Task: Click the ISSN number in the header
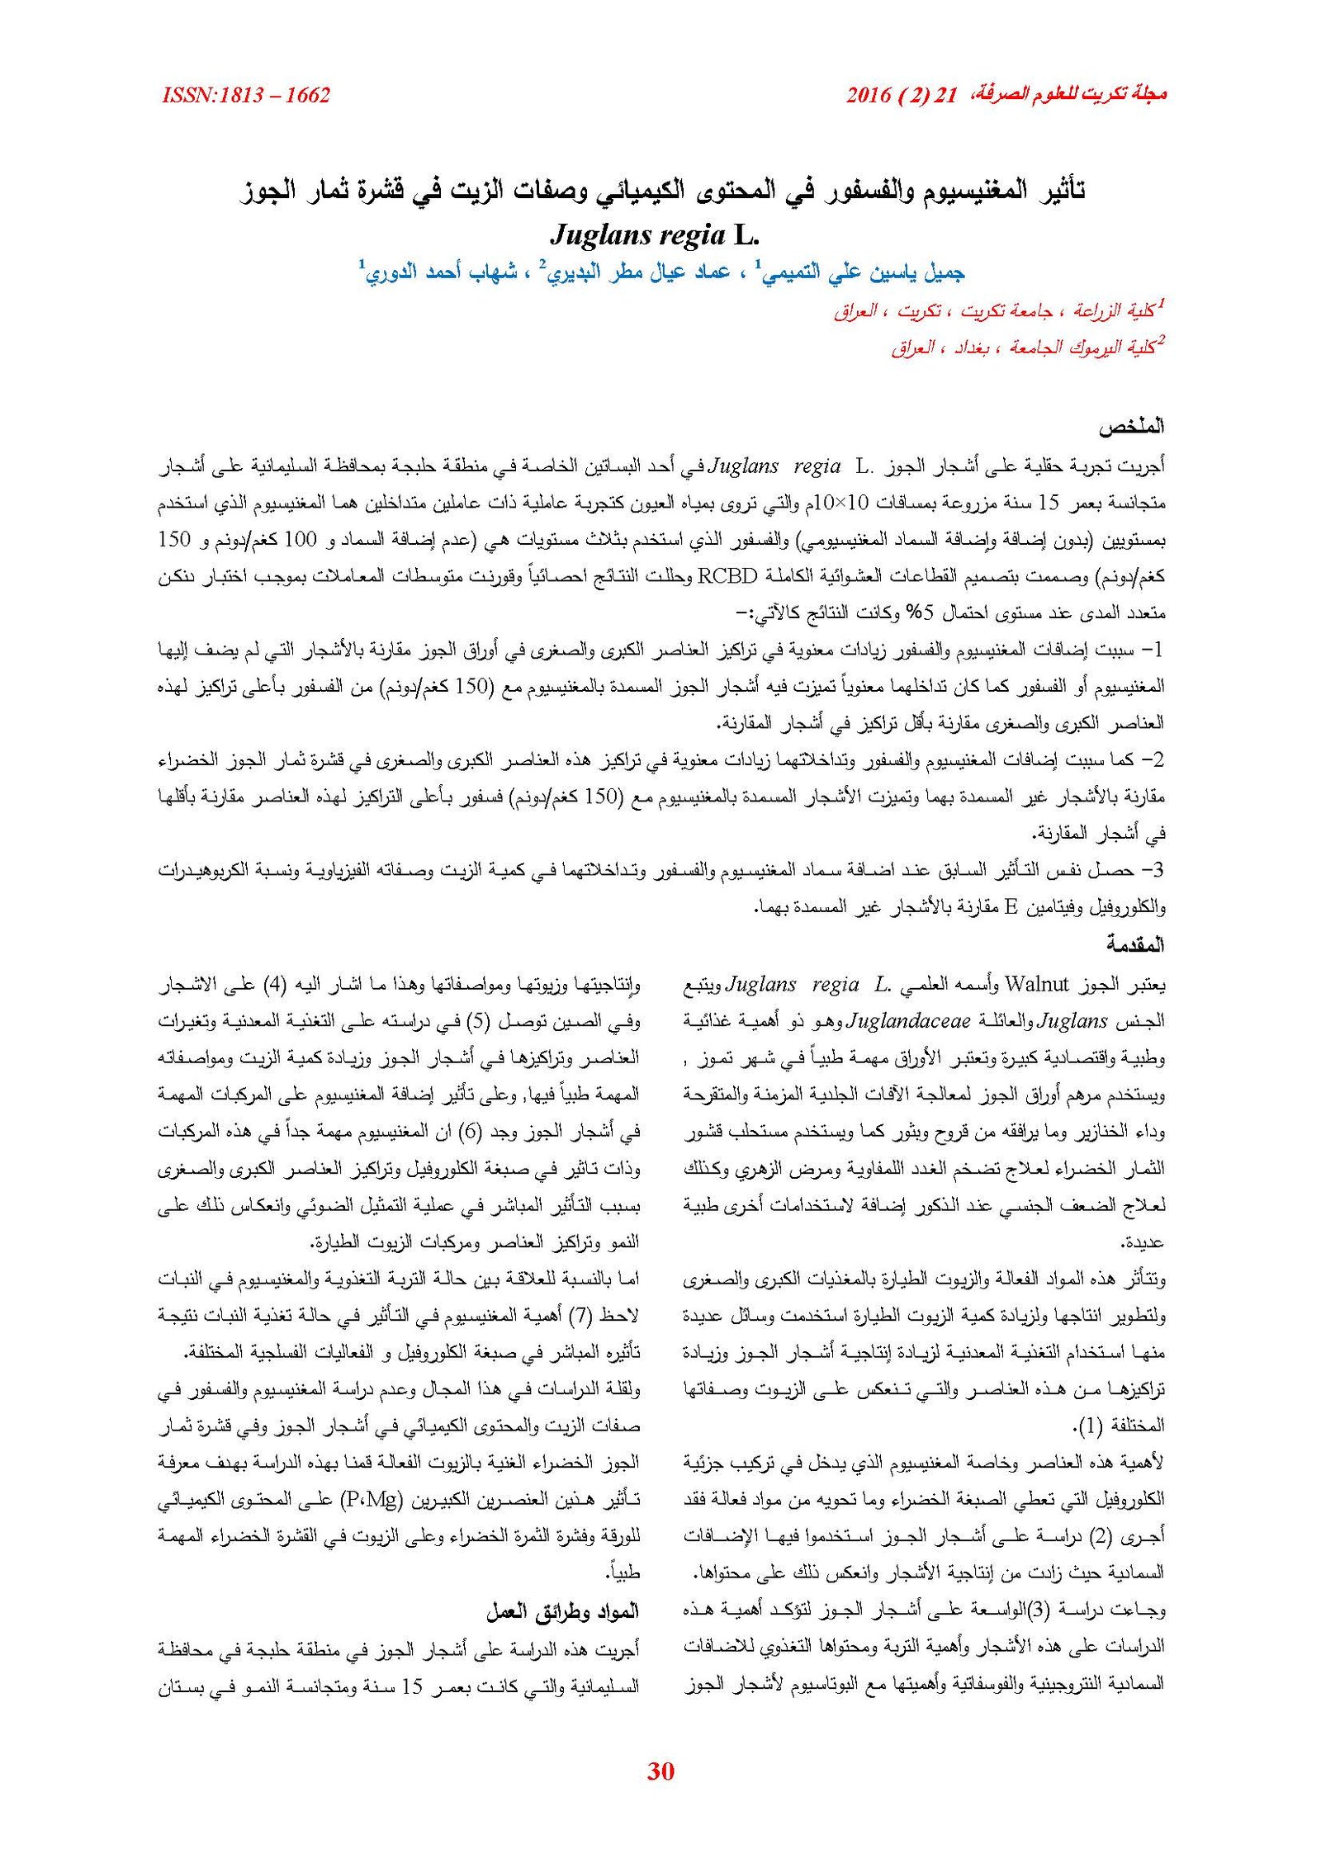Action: point(246,96)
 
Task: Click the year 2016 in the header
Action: point(868,96)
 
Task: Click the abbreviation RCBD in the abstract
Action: point(727,576)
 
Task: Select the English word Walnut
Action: point(1035,985)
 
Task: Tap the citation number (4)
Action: point(273,985)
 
